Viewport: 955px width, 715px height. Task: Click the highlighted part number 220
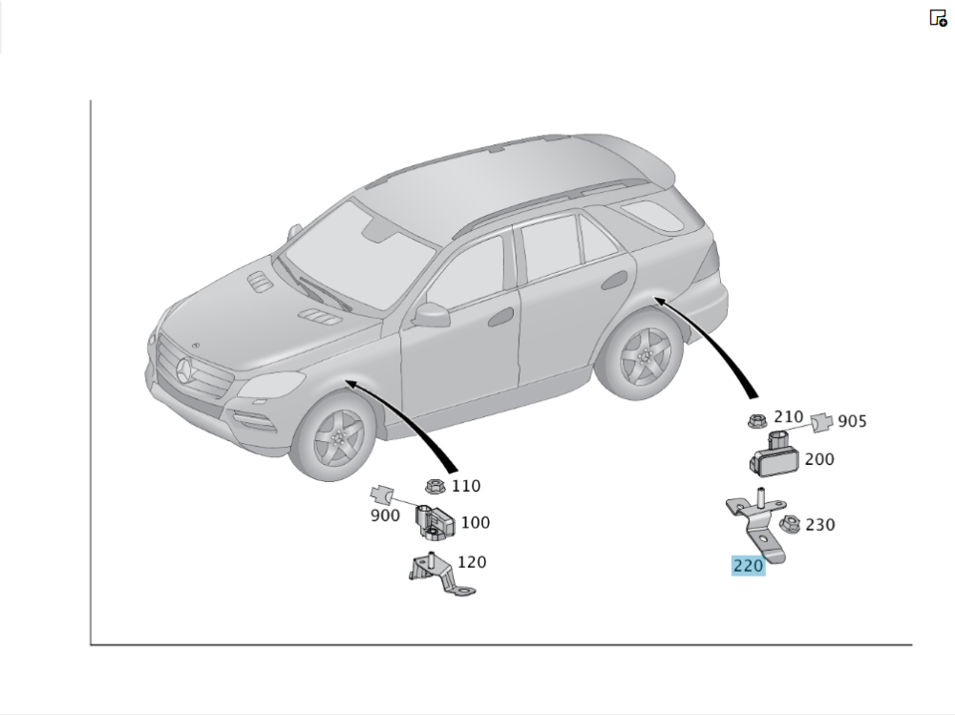(748, 566)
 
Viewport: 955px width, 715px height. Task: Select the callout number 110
(466, 486)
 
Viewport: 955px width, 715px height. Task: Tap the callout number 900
(385, 515)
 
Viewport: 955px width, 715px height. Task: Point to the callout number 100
(475, 522)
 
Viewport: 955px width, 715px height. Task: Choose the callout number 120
(472, 561)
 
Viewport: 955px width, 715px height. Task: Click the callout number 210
(788, 416)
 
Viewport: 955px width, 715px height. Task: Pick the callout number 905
(852, 421)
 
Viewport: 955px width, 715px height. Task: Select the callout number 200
(818, 459)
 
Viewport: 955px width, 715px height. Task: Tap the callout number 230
(819, 524)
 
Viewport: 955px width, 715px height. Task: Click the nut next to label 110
(435, 487)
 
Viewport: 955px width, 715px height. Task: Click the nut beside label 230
(789, 524)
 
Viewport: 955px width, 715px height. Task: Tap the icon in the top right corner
(938, 17)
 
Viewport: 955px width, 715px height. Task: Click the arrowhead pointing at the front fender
(350, 383)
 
